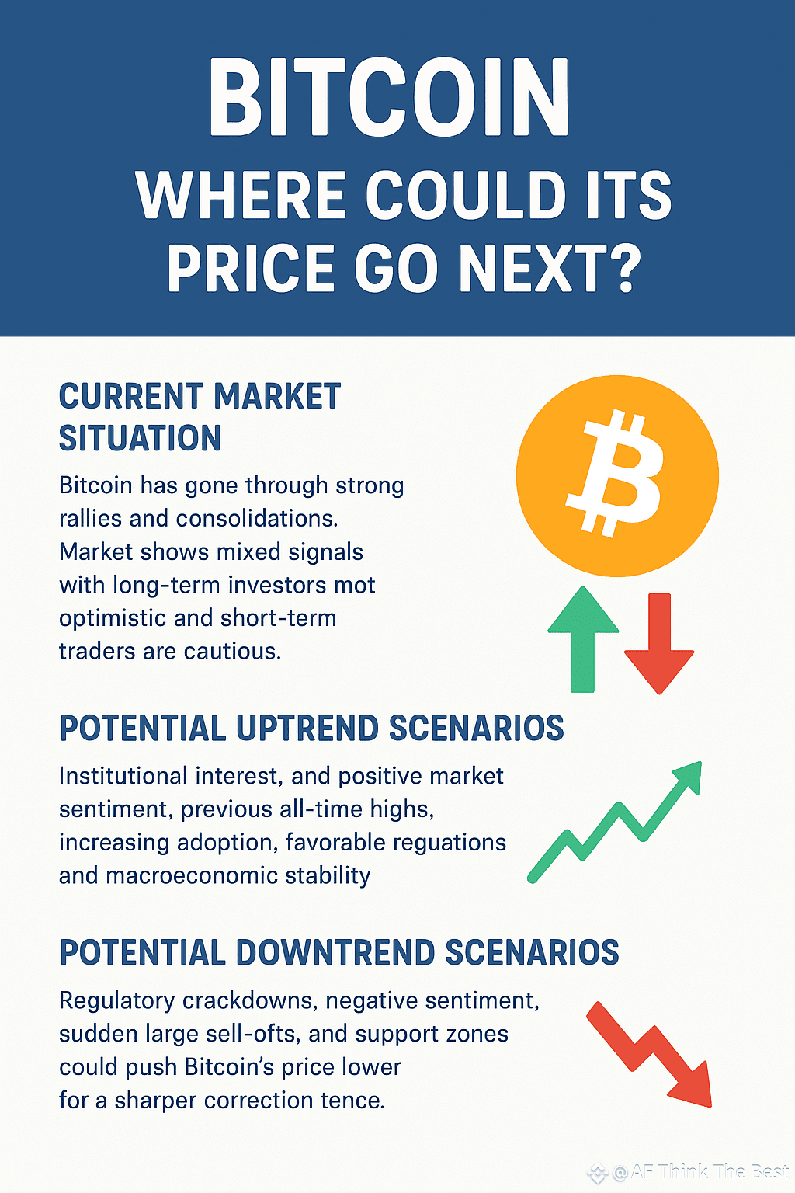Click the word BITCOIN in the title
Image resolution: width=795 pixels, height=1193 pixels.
click(389, 96)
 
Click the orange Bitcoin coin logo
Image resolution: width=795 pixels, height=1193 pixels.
click(617, 475)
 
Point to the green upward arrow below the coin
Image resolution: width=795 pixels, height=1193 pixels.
click(583, 639)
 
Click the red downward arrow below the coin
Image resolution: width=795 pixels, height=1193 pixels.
click(659, 643)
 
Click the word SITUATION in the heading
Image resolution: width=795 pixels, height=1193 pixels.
click(140, 438)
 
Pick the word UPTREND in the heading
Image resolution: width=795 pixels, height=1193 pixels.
click(307, 728)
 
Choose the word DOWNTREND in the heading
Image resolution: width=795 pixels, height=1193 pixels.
click(335, 952)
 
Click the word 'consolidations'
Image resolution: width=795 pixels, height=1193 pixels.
click(257, 519)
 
